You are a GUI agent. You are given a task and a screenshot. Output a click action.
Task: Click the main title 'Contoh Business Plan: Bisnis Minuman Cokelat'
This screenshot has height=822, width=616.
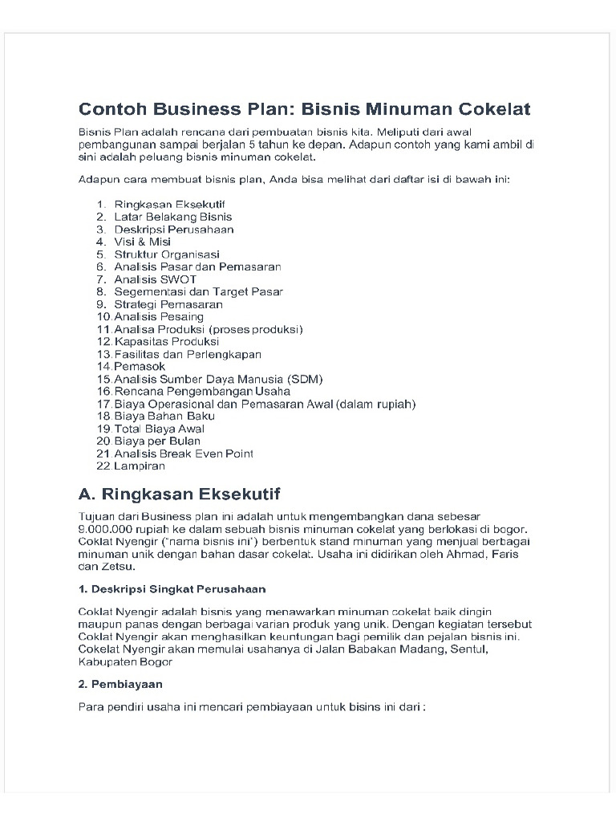304,108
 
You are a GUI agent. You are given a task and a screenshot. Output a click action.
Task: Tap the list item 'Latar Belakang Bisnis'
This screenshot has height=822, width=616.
173,217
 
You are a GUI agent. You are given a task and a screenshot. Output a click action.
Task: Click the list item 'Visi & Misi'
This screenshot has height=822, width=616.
143,242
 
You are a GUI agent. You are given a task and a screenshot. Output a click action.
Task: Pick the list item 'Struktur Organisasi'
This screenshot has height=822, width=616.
167,254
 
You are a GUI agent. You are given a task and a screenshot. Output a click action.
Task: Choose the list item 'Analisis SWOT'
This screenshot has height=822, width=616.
155,279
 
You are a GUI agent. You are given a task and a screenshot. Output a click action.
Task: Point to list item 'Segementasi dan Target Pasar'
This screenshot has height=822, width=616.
198,292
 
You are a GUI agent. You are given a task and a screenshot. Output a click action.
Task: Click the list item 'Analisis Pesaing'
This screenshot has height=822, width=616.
159,317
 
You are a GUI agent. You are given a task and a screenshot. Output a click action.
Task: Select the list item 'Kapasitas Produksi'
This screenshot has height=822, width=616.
166,342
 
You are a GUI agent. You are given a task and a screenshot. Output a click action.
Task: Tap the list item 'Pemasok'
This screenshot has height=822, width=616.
140,367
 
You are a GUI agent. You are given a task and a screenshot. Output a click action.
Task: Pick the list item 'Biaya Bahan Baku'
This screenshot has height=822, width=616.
164,417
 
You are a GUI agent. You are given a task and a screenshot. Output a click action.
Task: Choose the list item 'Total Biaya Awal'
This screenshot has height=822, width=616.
159,429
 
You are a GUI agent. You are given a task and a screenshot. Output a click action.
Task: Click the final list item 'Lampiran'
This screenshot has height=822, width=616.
140,466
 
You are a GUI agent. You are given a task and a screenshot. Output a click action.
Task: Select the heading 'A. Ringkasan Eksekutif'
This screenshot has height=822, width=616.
180,493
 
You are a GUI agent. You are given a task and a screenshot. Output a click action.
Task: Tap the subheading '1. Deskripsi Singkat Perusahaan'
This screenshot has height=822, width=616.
172,588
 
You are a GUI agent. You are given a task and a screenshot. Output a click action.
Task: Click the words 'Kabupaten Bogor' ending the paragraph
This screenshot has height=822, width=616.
125,662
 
